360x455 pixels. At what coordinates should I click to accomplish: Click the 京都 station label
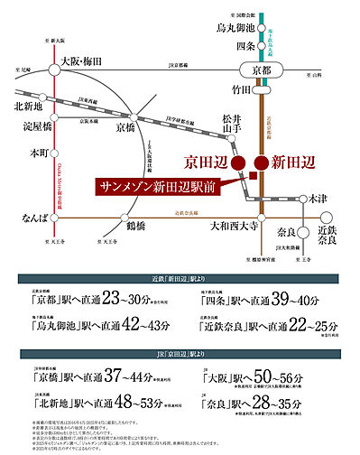[x=261, y=71]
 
